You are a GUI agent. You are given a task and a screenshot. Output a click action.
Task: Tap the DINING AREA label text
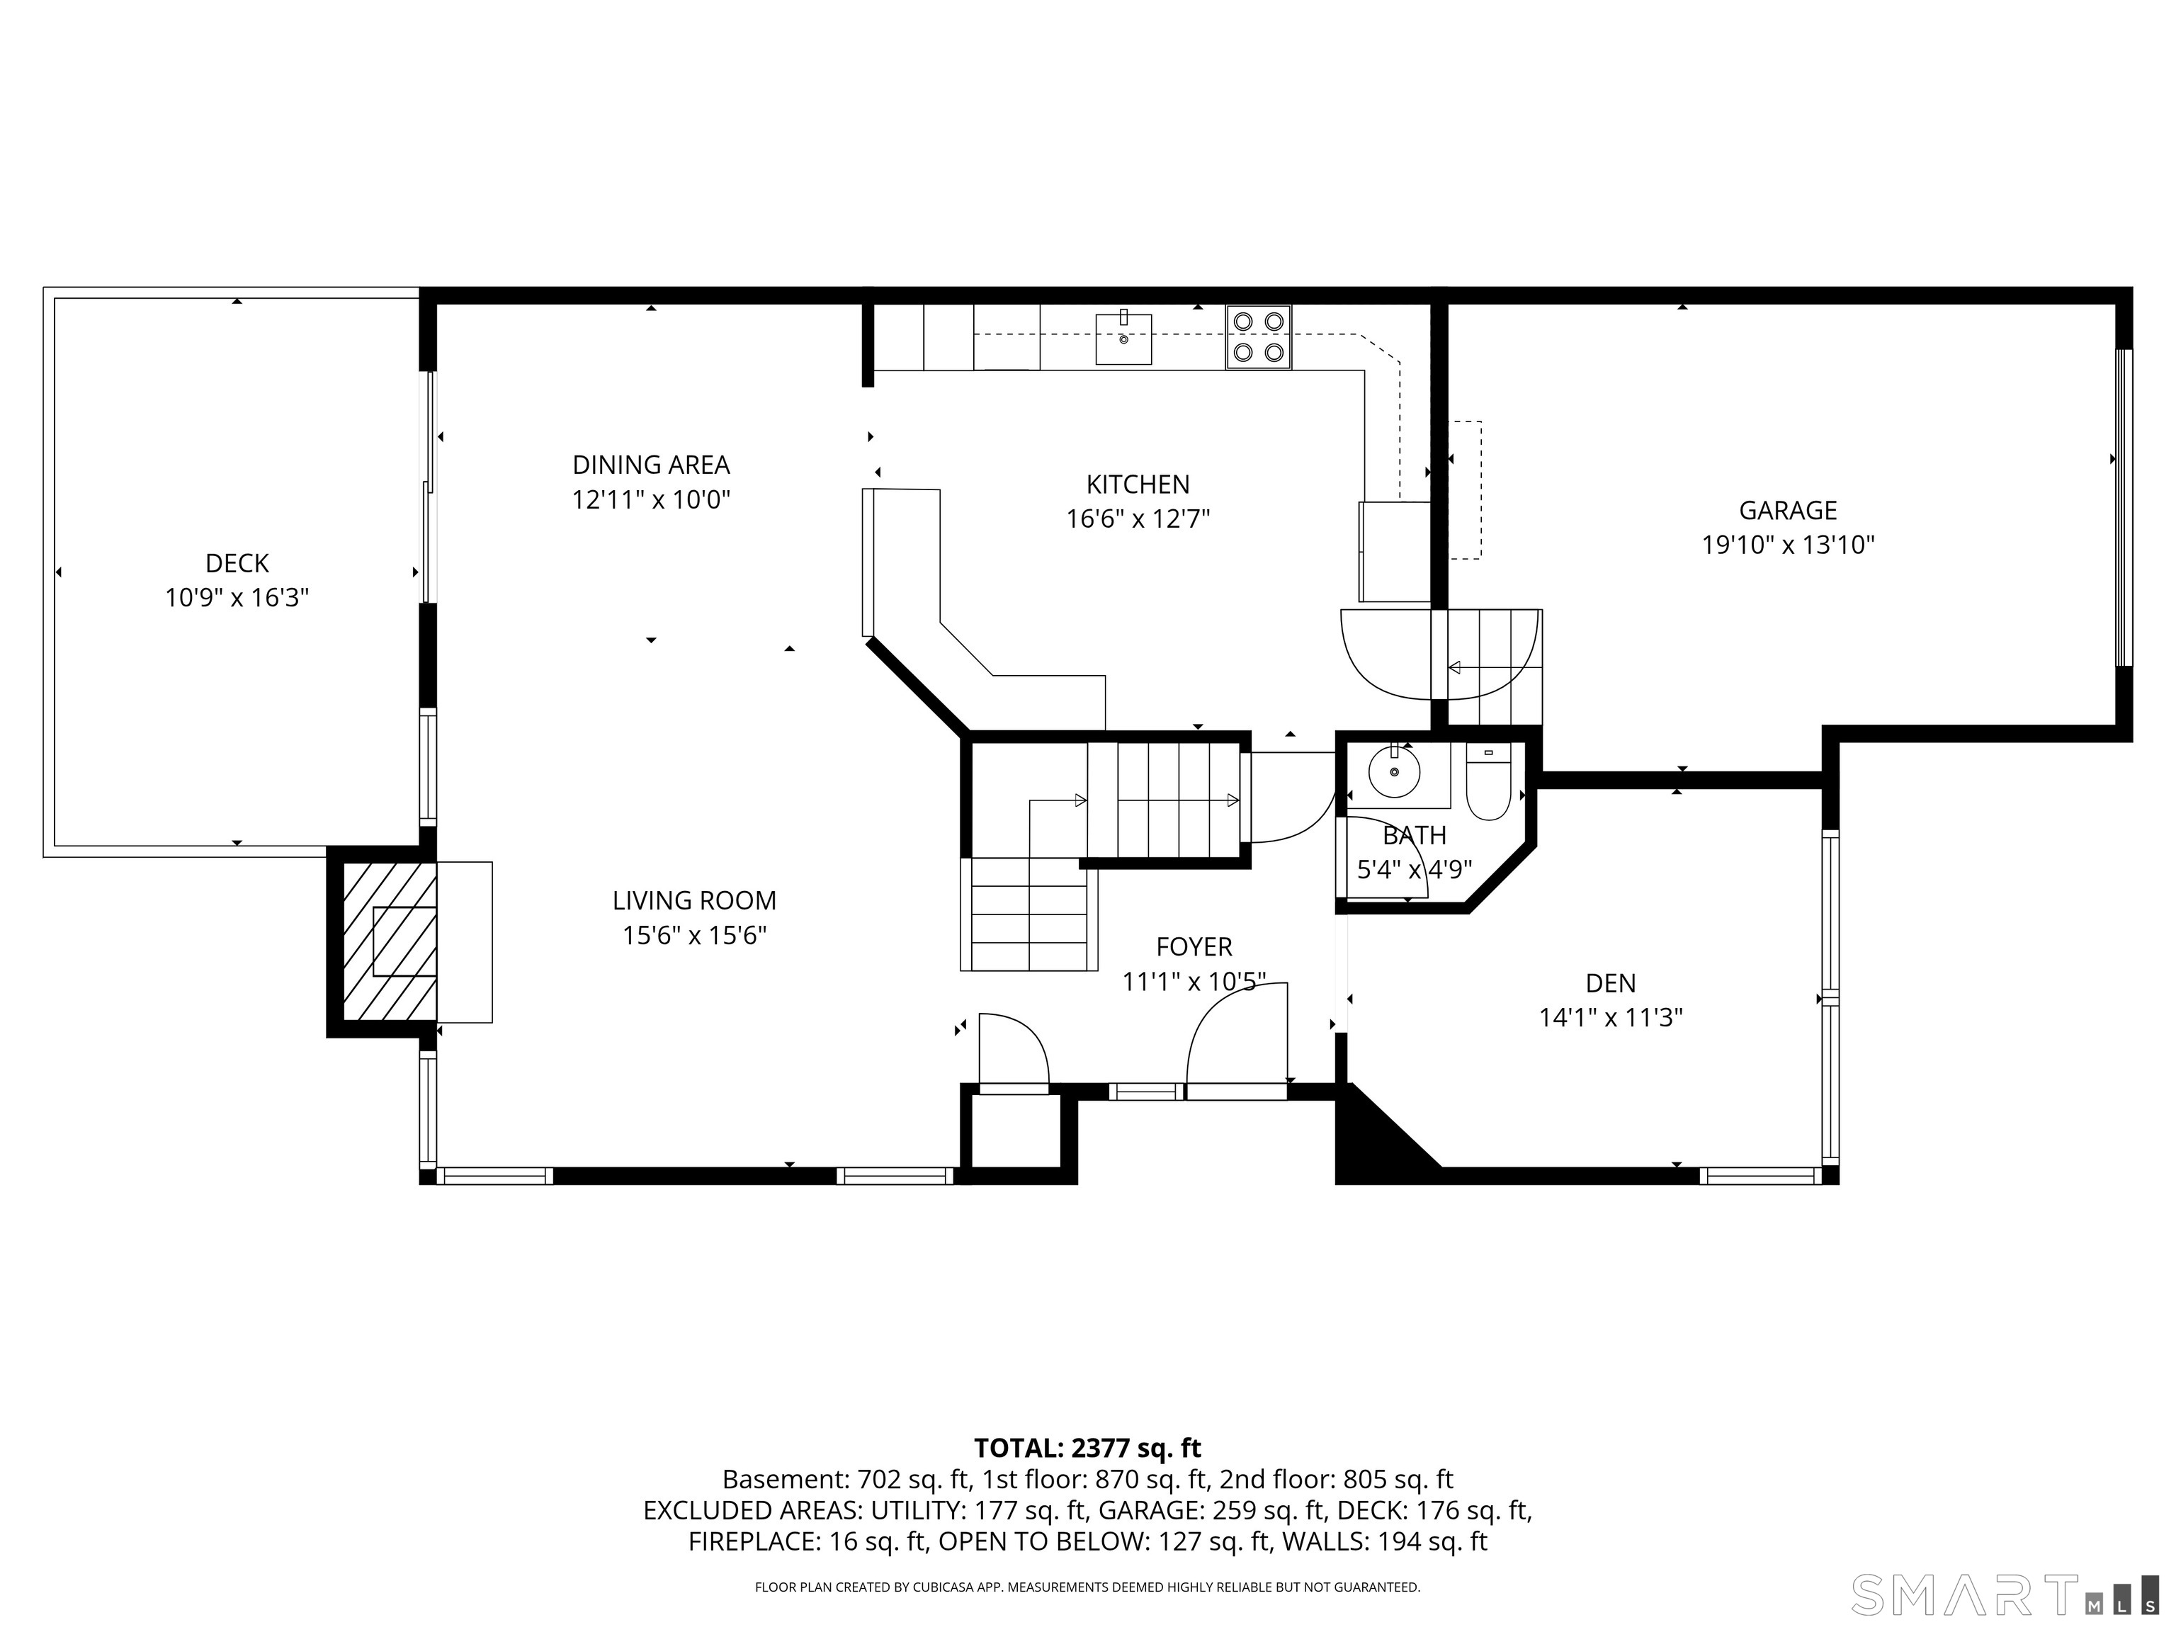[x=651, y=465]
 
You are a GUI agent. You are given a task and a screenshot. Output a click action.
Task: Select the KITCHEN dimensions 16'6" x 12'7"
[x=1138, y=518]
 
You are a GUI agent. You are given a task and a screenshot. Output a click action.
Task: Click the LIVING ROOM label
[x=694, y=900]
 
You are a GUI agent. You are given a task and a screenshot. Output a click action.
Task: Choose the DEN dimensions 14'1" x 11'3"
[x=1610, y=1017]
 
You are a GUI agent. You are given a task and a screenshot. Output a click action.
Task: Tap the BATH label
[x=1415, y=835]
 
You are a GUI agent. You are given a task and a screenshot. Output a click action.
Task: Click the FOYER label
[x=1194, y=946]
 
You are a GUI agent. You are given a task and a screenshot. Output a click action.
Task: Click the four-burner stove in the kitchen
[x=1258, y=336]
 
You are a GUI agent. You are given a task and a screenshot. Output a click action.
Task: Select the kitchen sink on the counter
[x=1123, y=339]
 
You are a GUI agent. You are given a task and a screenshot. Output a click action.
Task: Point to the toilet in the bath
[x=1487, y=782]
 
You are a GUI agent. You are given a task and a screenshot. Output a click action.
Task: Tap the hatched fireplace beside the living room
[x=390, y=941]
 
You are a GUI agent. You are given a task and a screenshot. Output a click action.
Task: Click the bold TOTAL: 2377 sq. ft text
[x=1087, y=1448]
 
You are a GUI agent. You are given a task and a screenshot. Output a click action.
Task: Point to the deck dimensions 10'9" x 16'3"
[x=237, y=597]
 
